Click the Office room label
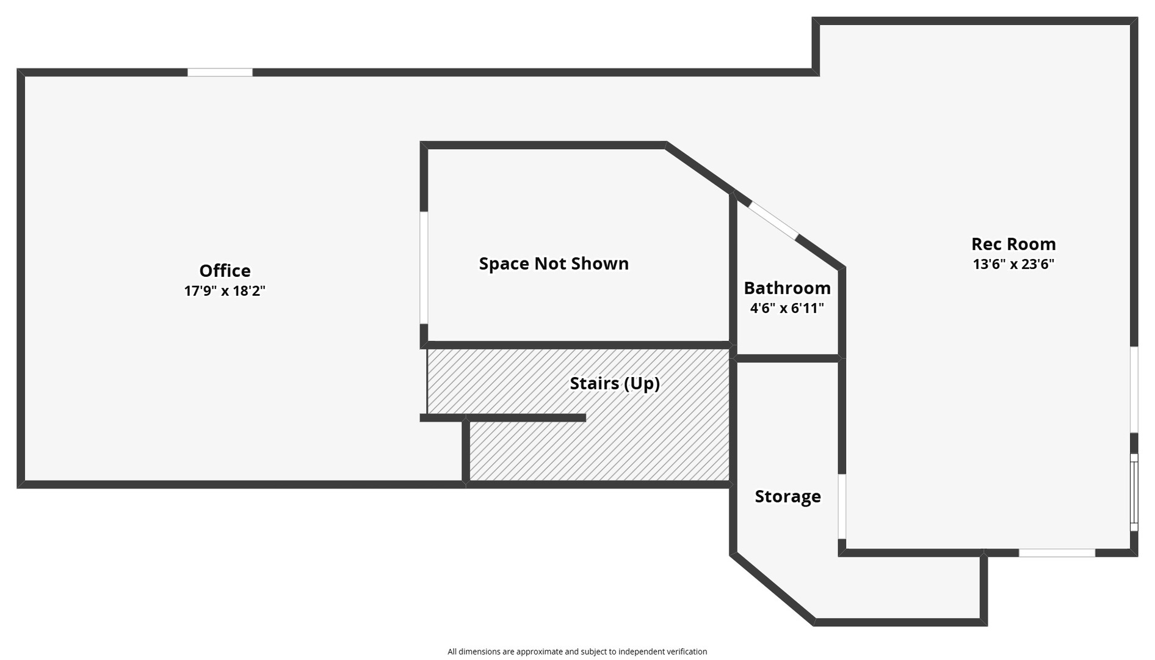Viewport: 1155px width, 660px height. [225, 271]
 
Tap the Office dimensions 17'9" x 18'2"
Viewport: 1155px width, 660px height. [225, 291]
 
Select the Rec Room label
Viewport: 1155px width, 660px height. [1013, 244]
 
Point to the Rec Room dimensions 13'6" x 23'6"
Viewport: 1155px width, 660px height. [1013, 264]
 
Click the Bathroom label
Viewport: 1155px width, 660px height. [787, 288]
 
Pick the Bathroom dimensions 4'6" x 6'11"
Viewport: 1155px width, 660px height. [787, 308]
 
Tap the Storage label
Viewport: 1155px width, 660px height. [787, 496]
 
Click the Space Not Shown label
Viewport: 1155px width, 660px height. [554, 263]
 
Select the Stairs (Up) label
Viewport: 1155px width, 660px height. [615, 383]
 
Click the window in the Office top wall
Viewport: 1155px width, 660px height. [220, 72]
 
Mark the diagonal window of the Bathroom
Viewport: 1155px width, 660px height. [773, 219]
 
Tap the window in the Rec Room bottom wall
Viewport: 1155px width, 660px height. [1057, 553]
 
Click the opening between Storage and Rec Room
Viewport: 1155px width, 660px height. [842, 507]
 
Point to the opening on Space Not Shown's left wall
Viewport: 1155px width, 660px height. [424, 268]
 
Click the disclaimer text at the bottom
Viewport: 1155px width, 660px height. [577, 651]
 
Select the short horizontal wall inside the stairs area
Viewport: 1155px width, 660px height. [503, 418]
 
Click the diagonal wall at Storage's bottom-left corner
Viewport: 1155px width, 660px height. [773, 588]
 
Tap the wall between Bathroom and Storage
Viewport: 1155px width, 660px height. [787, 358]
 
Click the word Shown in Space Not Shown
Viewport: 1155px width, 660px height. [601, 263]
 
